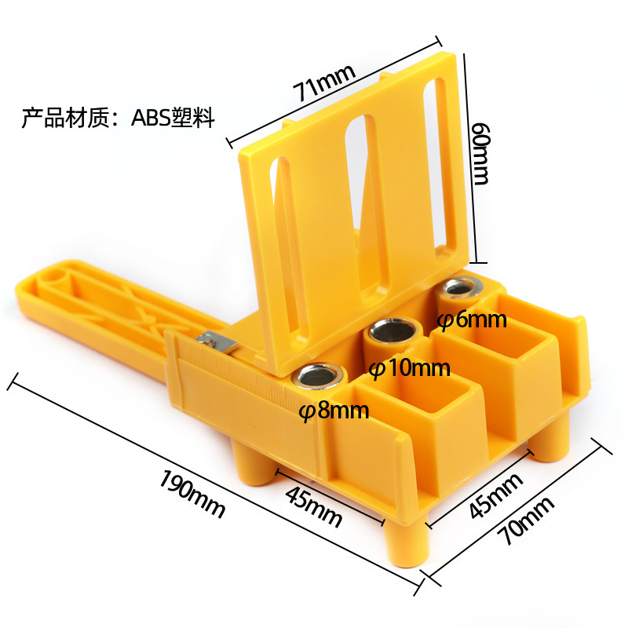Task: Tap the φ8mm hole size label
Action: point(334,411)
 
